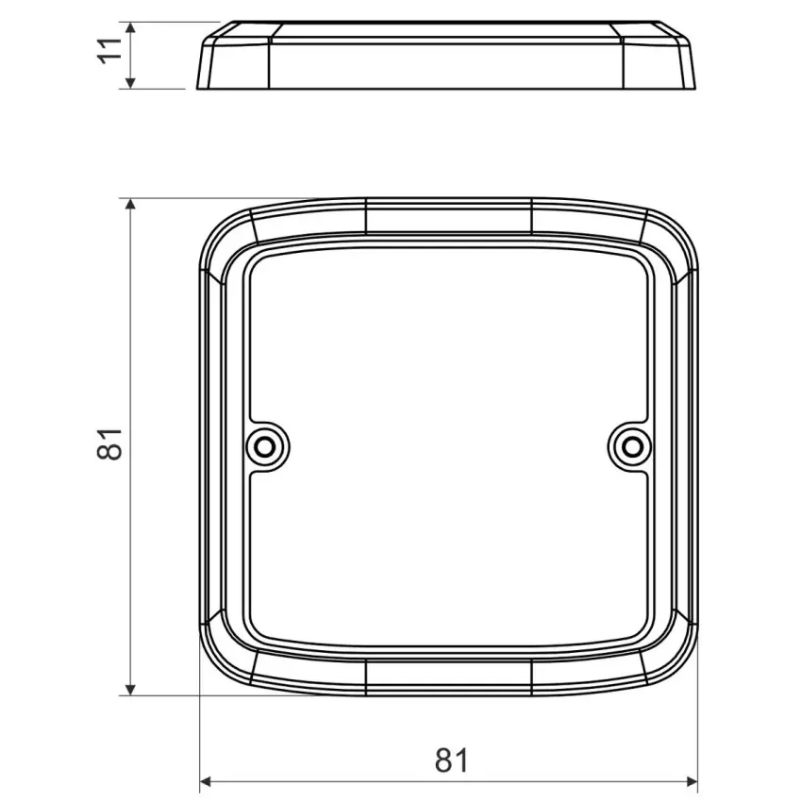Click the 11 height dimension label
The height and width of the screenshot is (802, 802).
pos(110,51)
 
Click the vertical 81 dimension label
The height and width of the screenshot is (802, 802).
pos(110,444)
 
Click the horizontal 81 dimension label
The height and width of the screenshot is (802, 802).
pos(452,760)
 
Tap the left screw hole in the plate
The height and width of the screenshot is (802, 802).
pos(265,447)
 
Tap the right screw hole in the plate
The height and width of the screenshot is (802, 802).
pos(633,447)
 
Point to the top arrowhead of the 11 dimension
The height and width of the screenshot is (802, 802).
pos(131,28)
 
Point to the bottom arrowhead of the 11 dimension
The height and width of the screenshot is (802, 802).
pos(131,81)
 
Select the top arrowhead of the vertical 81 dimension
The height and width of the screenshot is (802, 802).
pos(131,205)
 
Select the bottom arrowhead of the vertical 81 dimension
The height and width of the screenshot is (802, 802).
pos(131,689)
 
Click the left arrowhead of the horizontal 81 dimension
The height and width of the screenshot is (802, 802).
pos(206,782)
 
